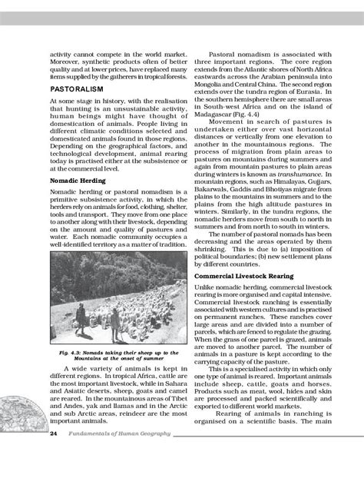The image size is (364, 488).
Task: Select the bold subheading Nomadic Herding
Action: pyautogui.click(x=78, y=180)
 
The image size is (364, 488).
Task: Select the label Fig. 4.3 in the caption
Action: pyautogui.click(x=74, y=352)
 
